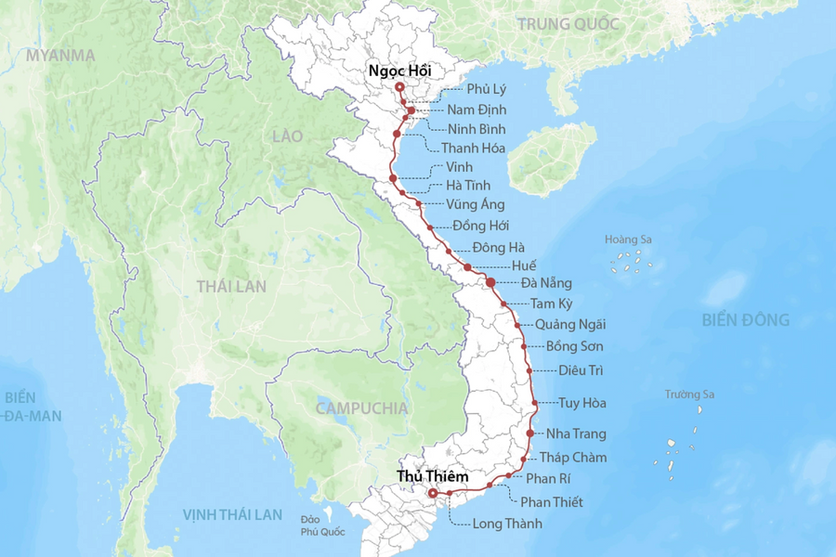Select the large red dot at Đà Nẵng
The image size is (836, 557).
click(490, 282)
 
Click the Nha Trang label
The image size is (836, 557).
click(576, 434)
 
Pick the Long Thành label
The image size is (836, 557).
click(507, 524)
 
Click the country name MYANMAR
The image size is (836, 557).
click(60, 55)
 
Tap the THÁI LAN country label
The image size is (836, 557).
click(231, 287)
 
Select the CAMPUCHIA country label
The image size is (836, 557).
click(361, 408)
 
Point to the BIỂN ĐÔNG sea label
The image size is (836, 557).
click(746, 320)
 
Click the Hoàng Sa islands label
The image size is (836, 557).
click(629, 240)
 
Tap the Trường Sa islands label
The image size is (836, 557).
click(689, 395)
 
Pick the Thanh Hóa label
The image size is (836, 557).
click(473, 148)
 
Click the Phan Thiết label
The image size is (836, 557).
click(552, 502)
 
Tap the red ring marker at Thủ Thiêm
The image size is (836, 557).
click(432, 493)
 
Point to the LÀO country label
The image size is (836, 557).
click(288, 136)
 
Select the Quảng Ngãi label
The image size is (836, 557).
click(570, 324)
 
